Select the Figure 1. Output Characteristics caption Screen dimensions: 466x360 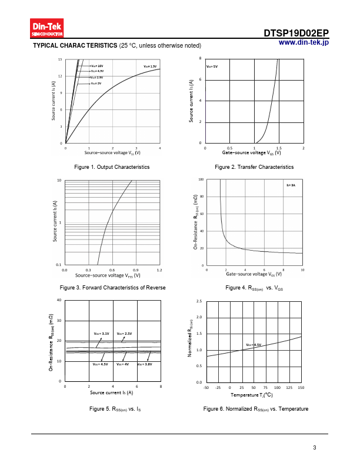click(x=112, y=167)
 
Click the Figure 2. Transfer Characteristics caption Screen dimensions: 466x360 click(x=254, y=167)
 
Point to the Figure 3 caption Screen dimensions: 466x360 click(x=113, y=287)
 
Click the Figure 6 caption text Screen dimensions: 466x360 click(x=255, y=408)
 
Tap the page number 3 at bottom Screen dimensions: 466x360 click(x=315, y=448)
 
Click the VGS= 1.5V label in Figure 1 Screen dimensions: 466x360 click(x=151, y=66)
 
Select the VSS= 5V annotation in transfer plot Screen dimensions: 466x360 click(x=212, y=66)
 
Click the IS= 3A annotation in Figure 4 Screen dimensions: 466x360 click(x=291, y=185)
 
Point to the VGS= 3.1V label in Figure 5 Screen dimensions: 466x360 click(x=102, y=334)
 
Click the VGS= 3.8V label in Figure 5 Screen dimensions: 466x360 click(x=145, y=365)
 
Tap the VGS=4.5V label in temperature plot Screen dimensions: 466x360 click(x=254, y=345)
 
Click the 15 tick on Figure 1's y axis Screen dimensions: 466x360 click(x=60, y=60)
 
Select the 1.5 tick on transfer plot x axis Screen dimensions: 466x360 click(x=279, y=148)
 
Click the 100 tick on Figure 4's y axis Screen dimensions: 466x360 click(x=201, y=179)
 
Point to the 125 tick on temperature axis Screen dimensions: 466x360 click(x=289, y=388)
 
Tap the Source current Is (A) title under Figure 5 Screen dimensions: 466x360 click(x=111, y=392)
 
